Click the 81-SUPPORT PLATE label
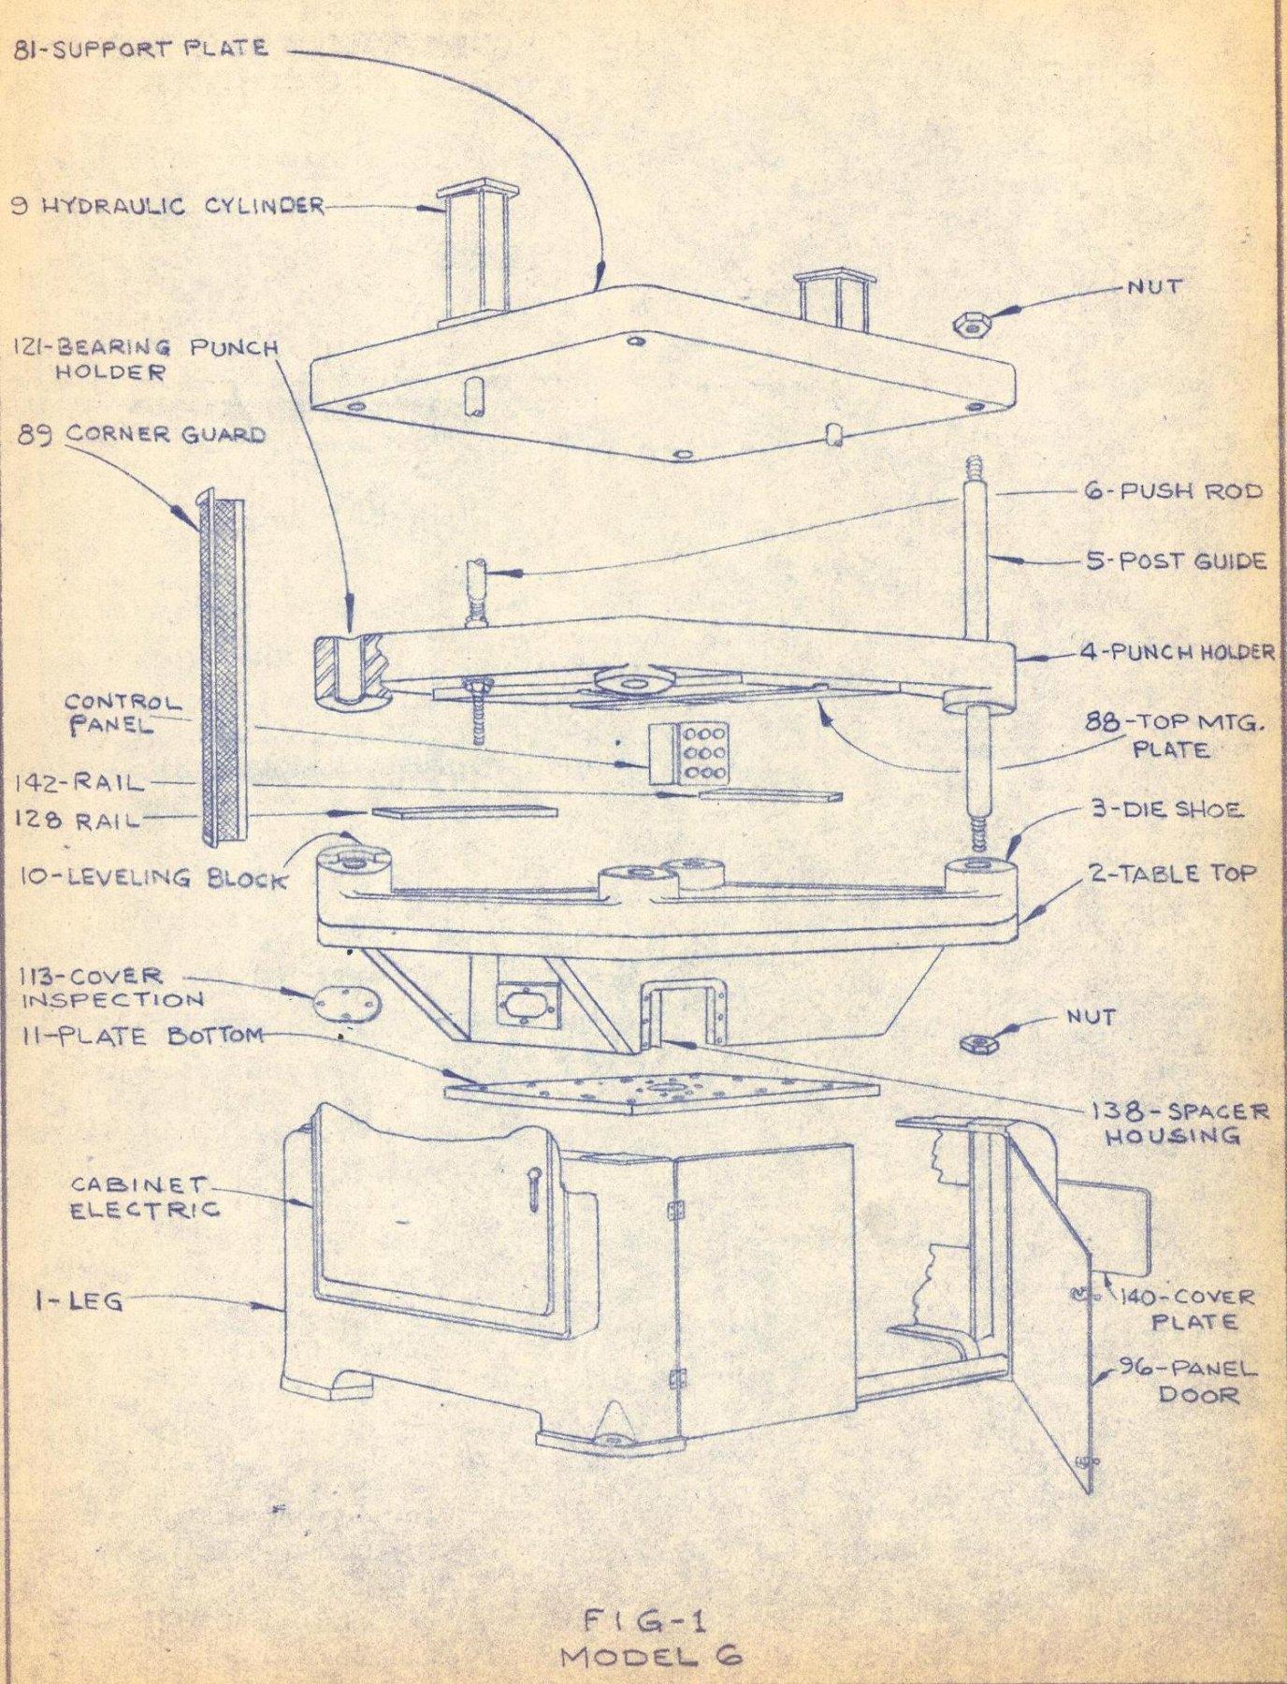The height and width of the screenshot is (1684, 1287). pos(139,48)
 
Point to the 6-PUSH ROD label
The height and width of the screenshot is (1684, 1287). pos(1173,490)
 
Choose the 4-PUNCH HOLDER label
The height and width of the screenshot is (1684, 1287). pos(1178,652)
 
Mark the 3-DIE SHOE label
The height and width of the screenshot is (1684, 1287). pos(1164,809)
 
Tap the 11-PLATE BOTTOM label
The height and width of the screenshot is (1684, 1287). pos(138,1035)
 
